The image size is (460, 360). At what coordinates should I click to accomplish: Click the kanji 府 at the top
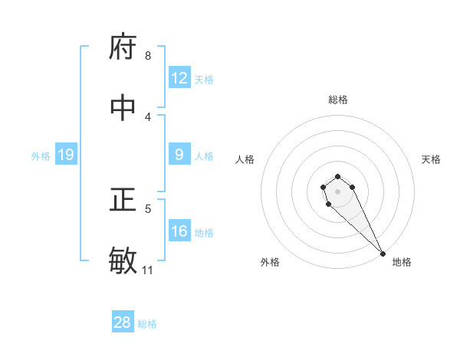tap(123, 47)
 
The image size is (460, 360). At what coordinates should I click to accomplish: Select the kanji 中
tap(123, 108)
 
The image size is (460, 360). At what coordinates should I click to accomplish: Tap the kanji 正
tap(123, 200)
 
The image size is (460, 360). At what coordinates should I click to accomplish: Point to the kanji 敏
tap(123, 261)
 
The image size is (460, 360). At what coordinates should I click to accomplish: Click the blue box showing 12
tap(179, 78)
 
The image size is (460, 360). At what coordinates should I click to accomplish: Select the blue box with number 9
tap(179, 155)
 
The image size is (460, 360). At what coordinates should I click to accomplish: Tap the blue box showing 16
tap(179, 231)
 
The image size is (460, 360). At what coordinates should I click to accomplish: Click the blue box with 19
tap(66, 155)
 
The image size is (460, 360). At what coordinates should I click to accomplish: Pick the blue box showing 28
tap(123, 322)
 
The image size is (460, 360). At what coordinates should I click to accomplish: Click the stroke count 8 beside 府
tap(148, 55)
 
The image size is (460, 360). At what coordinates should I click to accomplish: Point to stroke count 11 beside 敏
tap(148, 270)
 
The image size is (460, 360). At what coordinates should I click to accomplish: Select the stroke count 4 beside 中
tap(148, 116)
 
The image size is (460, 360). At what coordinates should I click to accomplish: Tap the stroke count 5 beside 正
tap(148, 208)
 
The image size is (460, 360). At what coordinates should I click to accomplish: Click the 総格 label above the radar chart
tap(338, 100)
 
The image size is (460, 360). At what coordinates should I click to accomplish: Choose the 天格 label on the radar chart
tap(432, 159)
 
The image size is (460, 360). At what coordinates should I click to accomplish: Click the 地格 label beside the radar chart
tap(402, 262)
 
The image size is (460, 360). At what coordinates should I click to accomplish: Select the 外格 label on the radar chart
tap(270, 262)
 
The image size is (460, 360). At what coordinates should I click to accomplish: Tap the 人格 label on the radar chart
tap(245, 159)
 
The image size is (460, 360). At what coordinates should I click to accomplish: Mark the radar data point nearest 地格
tap(382, 254)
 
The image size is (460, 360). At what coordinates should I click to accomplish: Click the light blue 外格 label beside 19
tap(41, 155)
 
